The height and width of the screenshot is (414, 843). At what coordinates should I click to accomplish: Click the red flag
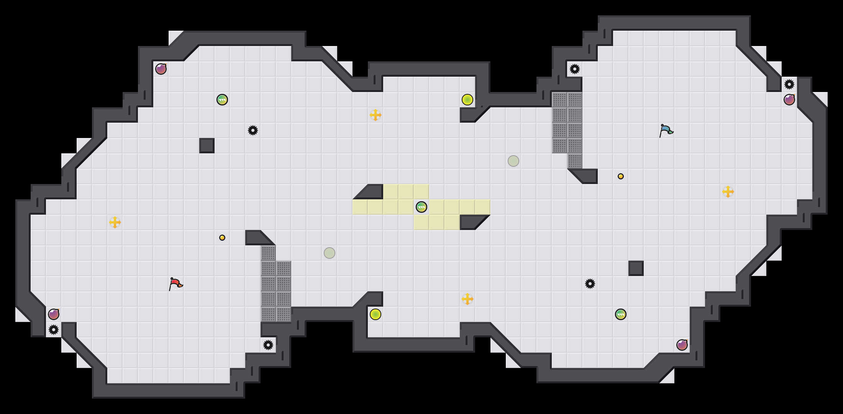[175, 284]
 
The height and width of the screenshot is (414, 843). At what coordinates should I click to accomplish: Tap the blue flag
[666, 130]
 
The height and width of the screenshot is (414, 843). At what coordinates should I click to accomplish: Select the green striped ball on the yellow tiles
[421, 207]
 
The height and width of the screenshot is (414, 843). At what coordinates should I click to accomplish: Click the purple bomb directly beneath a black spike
[789, 100]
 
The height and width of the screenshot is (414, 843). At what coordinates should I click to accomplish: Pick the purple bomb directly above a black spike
[54, 314]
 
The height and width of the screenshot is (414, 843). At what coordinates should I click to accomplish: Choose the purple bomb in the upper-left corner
[161, 69]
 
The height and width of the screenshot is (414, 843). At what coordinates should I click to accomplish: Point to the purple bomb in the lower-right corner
[682, 345]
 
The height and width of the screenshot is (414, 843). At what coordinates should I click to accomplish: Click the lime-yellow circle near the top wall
[467, 100]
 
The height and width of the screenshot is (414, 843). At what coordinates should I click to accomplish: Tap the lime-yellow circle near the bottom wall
[376, 314]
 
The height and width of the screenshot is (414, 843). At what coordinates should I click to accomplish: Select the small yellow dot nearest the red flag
[222, 238]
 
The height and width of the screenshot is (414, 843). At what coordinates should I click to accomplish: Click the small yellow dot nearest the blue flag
[621, 176]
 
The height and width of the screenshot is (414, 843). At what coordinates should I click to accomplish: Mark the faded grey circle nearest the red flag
[330, 253]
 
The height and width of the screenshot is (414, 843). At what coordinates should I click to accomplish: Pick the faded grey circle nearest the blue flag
[513, 161]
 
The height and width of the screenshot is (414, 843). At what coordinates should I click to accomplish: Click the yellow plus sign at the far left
[115, 222]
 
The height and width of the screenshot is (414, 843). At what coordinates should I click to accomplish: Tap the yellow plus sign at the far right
[728, 192]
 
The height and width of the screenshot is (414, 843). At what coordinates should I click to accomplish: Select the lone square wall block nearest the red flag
[207, 146]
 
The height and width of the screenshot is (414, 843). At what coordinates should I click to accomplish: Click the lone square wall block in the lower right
[636, 268]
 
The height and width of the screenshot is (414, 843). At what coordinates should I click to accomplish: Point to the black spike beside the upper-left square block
[253, 130]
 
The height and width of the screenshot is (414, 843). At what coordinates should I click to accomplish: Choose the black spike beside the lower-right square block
[590, 284]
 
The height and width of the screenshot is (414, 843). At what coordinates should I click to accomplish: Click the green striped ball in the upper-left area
[222, 100]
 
